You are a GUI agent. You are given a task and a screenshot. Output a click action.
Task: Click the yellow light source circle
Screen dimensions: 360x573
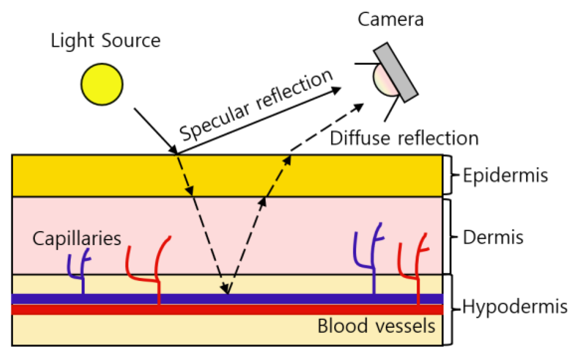[102, 84]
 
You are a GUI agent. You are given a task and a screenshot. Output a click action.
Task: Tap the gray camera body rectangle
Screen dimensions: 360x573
[396, 72]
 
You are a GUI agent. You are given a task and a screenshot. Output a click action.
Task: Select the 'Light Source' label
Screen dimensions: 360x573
[105, 41]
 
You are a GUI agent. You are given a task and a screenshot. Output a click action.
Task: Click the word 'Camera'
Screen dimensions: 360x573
[390, 20]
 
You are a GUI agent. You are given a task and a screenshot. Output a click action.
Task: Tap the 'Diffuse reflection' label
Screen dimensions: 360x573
[404, 138]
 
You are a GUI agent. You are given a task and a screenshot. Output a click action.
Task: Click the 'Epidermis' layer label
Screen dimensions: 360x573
[505, 175]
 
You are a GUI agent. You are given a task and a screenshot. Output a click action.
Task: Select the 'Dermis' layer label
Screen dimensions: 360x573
[493, 237]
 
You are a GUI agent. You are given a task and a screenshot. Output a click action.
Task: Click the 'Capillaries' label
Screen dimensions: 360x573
[77, 238]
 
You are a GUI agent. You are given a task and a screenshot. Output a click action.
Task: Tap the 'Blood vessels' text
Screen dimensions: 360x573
[376, 326]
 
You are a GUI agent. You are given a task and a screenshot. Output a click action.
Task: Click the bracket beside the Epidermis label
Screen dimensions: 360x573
[448, 175]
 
